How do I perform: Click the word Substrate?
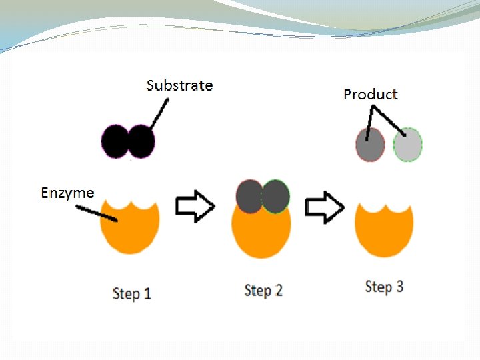179,85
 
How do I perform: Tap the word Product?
370,95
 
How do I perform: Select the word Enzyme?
67,193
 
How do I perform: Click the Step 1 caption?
131,293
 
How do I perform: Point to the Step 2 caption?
263,291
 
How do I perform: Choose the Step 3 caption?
384,287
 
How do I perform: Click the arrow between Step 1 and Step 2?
195,207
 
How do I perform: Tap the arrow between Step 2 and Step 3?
324,207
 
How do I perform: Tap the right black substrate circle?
141,141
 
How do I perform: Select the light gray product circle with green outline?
407,145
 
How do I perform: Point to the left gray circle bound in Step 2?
249,196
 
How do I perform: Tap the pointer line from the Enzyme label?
97,213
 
